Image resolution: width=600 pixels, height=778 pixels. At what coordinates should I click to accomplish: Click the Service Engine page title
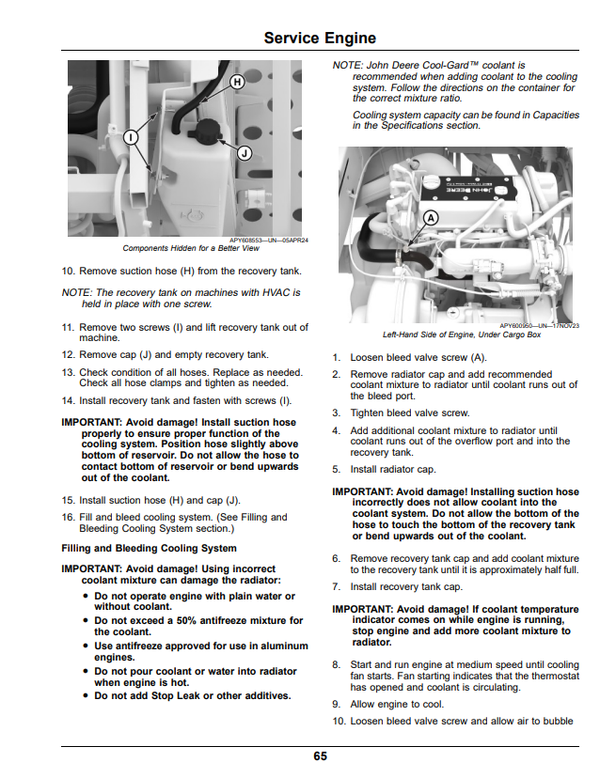pos(320,38)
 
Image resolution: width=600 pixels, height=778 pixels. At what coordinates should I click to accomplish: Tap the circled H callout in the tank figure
pos(237,82)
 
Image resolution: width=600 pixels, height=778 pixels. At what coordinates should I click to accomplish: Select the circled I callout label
pos(131,137)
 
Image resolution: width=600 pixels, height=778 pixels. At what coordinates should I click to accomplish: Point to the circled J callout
pos(245,153)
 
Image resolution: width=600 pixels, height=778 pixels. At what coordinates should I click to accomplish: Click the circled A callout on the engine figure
pos(431,218)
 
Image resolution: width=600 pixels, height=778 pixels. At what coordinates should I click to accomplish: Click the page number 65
pos(321,755)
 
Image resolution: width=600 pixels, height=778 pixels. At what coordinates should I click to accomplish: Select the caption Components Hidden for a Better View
pos(191,248)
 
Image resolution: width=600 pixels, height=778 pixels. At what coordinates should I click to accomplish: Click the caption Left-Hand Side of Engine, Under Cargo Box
pos(462,335)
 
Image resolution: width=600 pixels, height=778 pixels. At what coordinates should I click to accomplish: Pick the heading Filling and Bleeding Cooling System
pos(149,549)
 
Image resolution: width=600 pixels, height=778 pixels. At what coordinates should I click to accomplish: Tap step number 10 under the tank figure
pos(68,271)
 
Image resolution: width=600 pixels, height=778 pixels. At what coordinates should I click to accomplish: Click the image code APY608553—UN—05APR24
pos(269,241)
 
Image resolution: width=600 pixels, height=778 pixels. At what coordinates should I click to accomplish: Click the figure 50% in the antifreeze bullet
pos(187,620)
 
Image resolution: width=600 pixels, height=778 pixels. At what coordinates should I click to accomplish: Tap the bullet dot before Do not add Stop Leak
pos(86,696)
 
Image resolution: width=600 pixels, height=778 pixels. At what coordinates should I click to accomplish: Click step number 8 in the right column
pos(337,665)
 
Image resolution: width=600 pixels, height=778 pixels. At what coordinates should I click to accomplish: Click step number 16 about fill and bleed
pos(68,517)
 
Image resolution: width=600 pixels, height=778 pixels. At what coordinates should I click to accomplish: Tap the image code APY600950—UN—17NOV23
pos(540,326)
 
